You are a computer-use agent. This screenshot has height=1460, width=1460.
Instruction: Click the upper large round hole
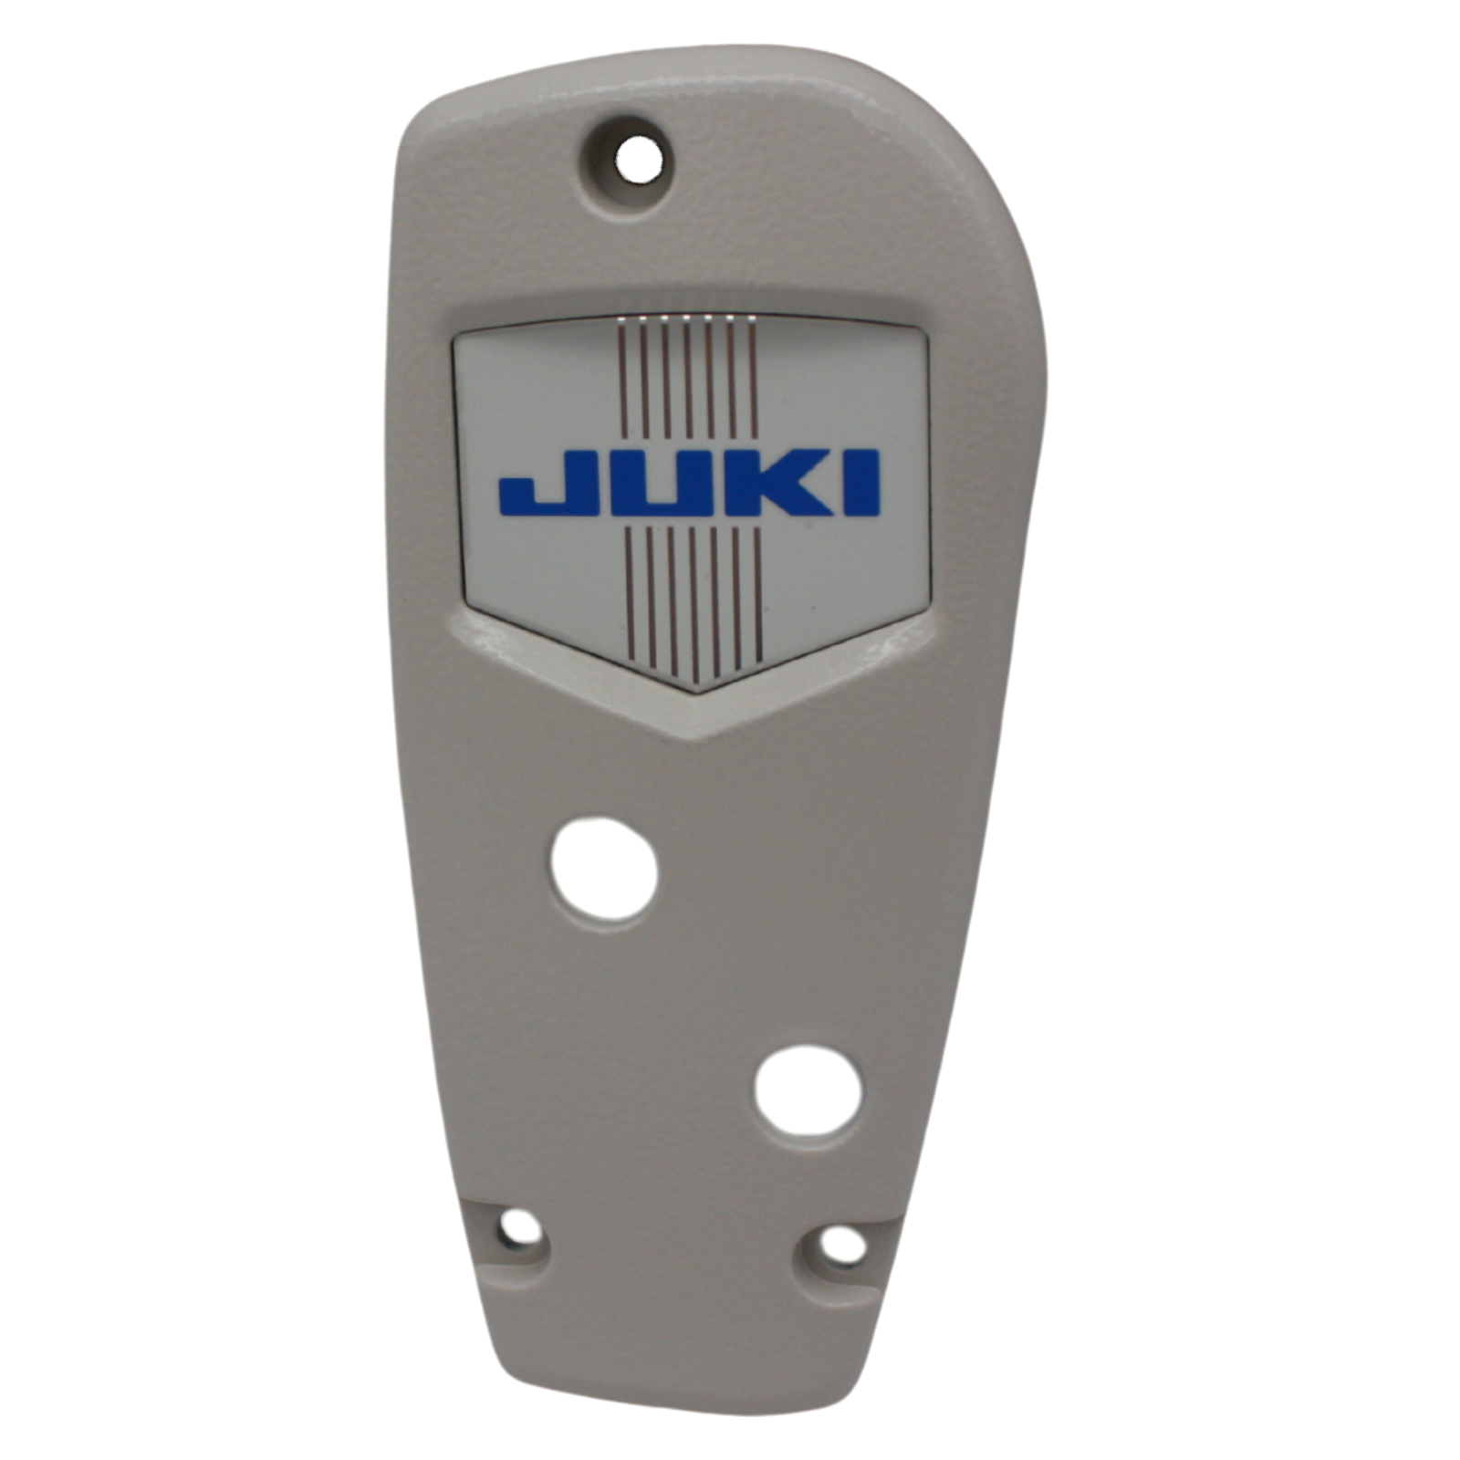click(604, 869)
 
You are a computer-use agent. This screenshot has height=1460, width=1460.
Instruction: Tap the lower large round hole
click(808, 1096)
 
